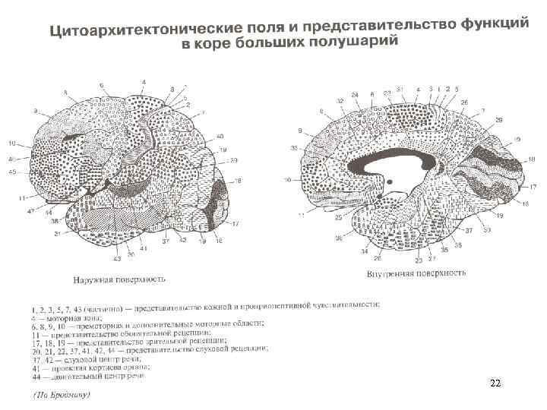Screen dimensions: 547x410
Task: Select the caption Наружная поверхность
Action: (x=119, y=279)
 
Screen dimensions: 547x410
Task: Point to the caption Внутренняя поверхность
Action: (x=416, y=272)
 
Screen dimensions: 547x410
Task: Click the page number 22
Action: (x=495, y=384)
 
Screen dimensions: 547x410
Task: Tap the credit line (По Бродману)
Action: (x=62, y=394)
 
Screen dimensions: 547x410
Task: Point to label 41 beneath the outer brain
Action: (x=143, y=248)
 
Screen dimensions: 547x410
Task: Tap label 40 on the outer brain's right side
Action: (x=220, y=137)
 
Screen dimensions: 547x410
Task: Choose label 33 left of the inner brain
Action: (x=294, y=147)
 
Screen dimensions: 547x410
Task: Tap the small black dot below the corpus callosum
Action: (x=390, y=182)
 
